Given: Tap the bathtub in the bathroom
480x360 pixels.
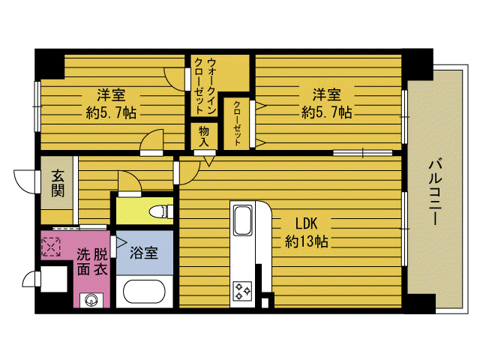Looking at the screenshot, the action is tap(144, 291).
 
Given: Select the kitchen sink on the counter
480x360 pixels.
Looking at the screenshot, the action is tap(243, 220).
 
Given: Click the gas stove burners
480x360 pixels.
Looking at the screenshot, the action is tap(242, 291).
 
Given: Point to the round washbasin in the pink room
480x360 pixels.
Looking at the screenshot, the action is tap(91, 299).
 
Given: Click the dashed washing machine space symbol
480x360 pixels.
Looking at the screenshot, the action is tap(51, 247).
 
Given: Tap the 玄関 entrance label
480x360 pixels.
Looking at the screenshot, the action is tap(58, 183).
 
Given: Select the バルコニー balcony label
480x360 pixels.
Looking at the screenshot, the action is tap(435, 191).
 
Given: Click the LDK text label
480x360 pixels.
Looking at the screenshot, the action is tap(306, 223).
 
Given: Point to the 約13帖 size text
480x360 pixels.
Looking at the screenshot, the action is tap(307, 241).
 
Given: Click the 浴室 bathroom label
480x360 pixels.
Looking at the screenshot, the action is tap(144, 253).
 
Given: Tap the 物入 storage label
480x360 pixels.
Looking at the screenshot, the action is tap(204, 136).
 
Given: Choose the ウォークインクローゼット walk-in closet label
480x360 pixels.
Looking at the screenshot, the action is tap(205, 86).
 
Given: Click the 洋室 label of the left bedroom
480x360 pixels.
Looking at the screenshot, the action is tap(111, 94).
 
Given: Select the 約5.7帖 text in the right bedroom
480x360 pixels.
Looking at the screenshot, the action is tap(327, 112).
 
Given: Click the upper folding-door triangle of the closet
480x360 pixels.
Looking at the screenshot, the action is tap(261, 106).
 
